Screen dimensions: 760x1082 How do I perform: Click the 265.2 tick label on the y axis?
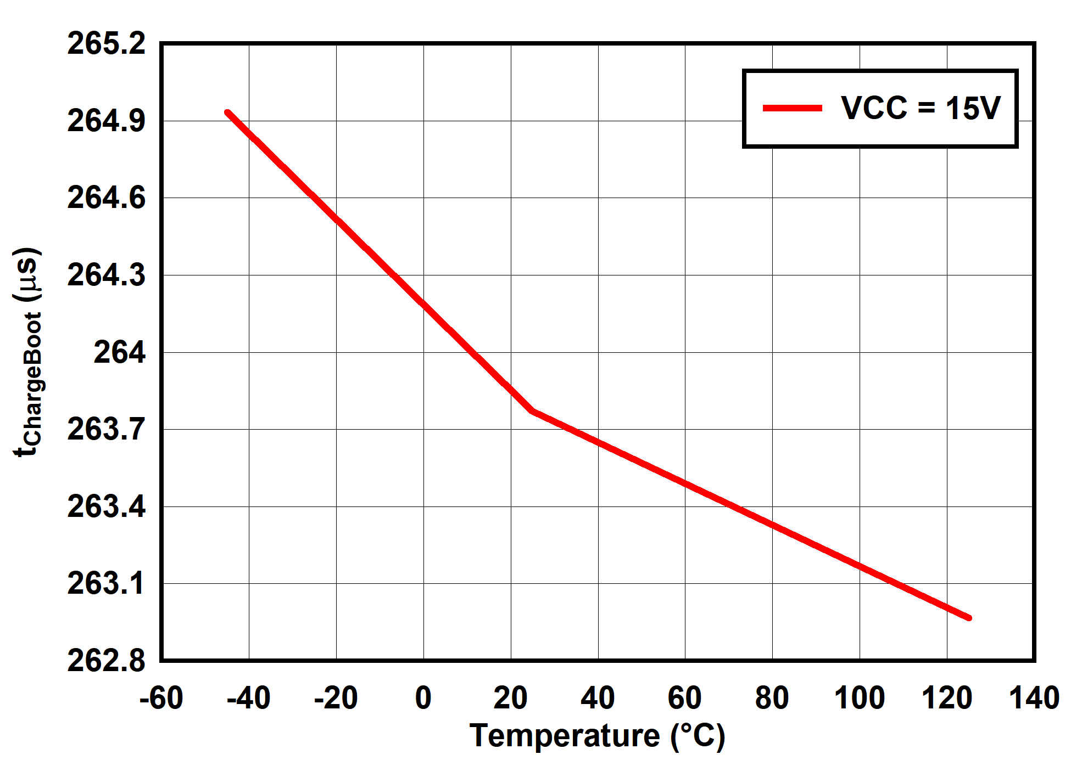point(107,43)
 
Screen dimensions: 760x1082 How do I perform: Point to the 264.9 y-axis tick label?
point(107,121)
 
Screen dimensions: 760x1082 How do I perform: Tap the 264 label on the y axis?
point(120,352)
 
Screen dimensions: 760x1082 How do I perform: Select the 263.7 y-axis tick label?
point(107,429)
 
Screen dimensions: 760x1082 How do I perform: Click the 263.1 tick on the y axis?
point(107,583)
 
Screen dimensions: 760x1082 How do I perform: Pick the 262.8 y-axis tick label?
point(107,660)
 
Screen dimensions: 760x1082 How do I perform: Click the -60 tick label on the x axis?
point(161,699)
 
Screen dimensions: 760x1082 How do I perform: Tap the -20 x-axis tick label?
point(336,699)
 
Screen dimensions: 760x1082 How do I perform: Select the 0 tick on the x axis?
point(423,699)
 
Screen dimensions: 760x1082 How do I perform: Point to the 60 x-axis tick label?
point(685,699)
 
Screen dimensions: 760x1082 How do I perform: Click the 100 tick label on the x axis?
point(859,699)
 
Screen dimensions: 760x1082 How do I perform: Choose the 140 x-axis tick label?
point(1034,699)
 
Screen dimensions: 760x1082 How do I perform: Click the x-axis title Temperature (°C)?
point(598,736)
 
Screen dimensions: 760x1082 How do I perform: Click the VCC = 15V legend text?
point(921,108)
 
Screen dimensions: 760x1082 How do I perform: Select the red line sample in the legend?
point(792,108)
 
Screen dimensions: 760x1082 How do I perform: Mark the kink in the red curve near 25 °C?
point(532,410)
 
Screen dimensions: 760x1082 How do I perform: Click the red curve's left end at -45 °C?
point(227,113)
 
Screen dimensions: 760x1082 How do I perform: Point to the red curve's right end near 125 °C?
point(969,618)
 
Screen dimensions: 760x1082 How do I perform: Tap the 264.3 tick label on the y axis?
point(107,275)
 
